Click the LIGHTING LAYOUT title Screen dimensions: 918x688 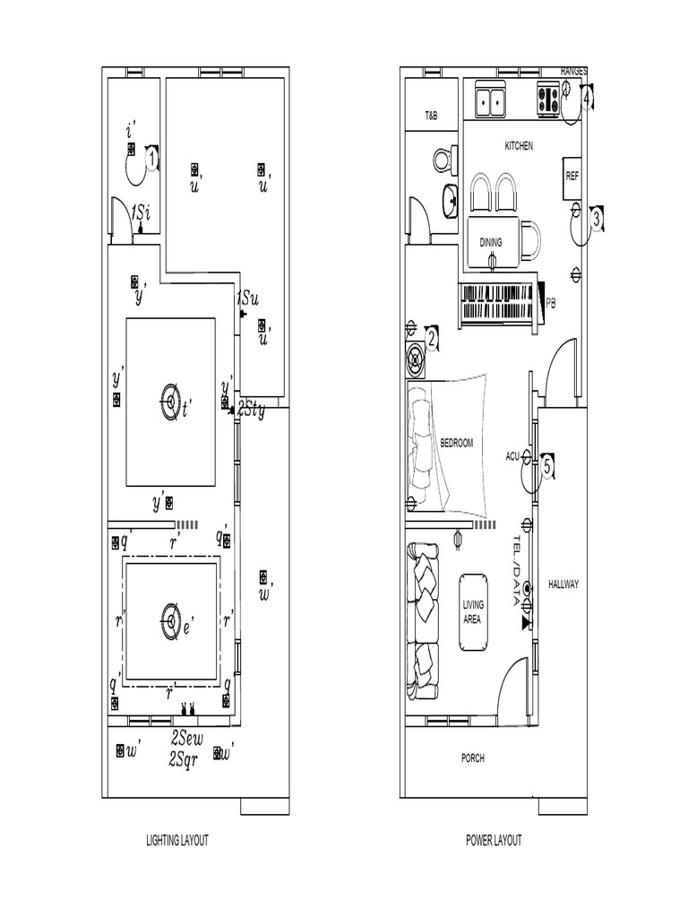tap(177, 841)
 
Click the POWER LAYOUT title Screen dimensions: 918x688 tap(494, 841)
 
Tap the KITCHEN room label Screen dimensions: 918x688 tap(519, 146)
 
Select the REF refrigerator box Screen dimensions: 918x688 tap(572, 176)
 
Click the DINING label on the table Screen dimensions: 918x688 tap(491, 242)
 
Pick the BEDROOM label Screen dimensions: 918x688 tap(456, 443)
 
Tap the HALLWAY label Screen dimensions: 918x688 tap(564, 585)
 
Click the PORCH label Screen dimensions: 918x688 tap(473, 758)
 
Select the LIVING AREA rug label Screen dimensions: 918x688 tap(473, 612)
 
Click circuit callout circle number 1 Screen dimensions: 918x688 tap(152, 160)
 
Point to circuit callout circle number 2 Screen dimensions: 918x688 tap(431, 339)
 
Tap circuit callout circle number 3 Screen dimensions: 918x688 tap(597, 216)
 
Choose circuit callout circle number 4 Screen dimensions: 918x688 tap(587, 99)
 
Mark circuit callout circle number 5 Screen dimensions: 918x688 tap(546, 465)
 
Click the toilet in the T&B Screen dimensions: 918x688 tap(442, 161)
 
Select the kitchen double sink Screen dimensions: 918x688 tap(490, 100)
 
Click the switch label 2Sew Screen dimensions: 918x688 tap(188, 740)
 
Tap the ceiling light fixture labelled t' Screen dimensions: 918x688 tap(170, 400)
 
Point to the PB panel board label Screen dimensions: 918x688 tap(551, 303)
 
